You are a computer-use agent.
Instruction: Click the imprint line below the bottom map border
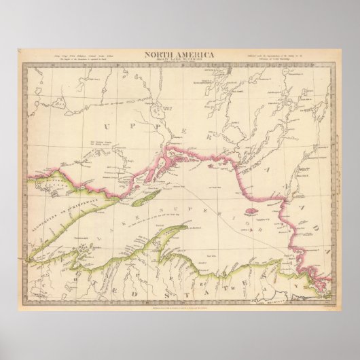pos(179,287)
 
